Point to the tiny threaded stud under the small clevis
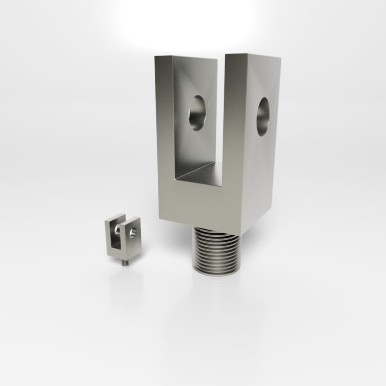click(124, 262)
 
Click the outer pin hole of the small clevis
click(133, 232)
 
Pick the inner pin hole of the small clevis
click(118, 230)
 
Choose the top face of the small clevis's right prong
click(133, 218)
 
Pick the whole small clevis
click(122, 237)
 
